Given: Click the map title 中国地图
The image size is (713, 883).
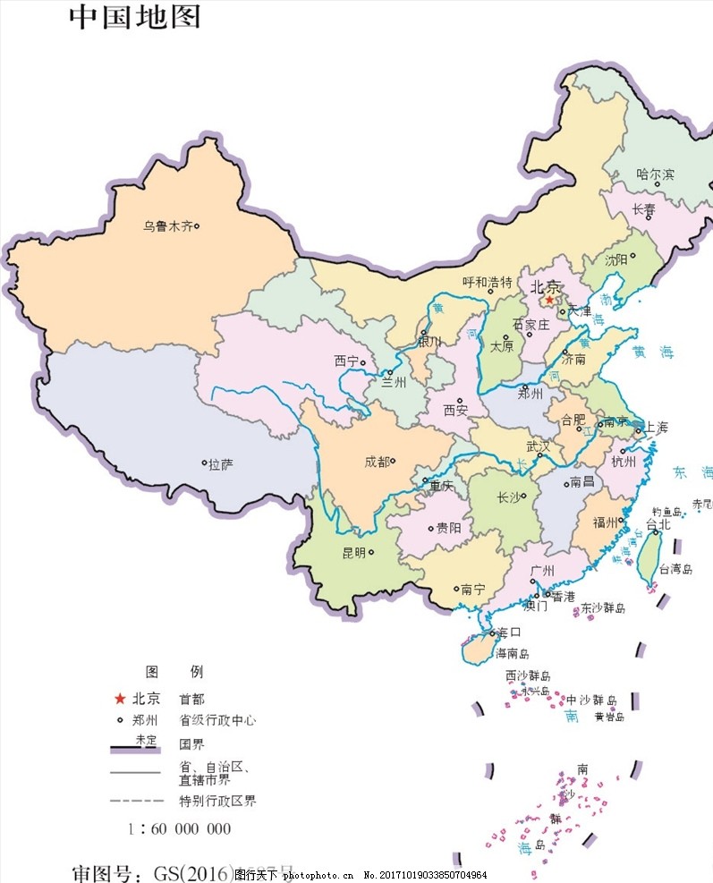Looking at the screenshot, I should click(134, 16).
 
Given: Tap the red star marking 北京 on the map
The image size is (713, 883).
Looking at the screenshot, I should click(549, 301).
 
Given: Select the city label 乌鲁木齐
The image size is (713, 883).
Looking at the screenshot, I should click(167, 226).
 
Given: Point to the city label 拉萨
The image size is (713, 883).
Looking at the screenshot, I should click(220, 464).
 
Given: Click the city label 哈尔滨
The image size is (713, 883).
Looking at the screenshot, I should click(655, 174).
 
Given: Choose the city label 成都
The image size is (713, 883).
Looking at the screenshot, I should click(377, 462).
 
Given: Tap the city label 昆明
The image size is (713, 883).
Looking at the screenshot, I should click(353, 553).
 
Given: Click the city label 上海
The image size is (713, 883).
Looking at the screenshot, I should click(658, 428).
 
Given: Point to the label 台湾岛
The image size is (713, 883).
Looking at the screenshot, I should click(675, 568).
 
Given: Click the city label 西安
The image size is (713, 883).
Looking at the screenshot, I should click(455, 411).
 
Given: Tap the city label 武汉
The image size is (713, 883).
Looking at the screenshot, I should click(539, 445).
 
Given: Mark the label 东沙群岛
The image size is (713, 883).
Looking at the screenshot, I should click(603, 608).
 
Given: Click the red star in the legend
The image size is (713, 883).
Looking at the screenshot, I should click(119, 699).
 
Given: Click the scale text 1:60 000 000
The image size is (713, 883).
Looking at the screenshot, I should click(179, 828).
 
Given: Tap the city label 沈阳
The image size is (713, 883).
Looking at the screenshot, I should click(616, 260).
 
